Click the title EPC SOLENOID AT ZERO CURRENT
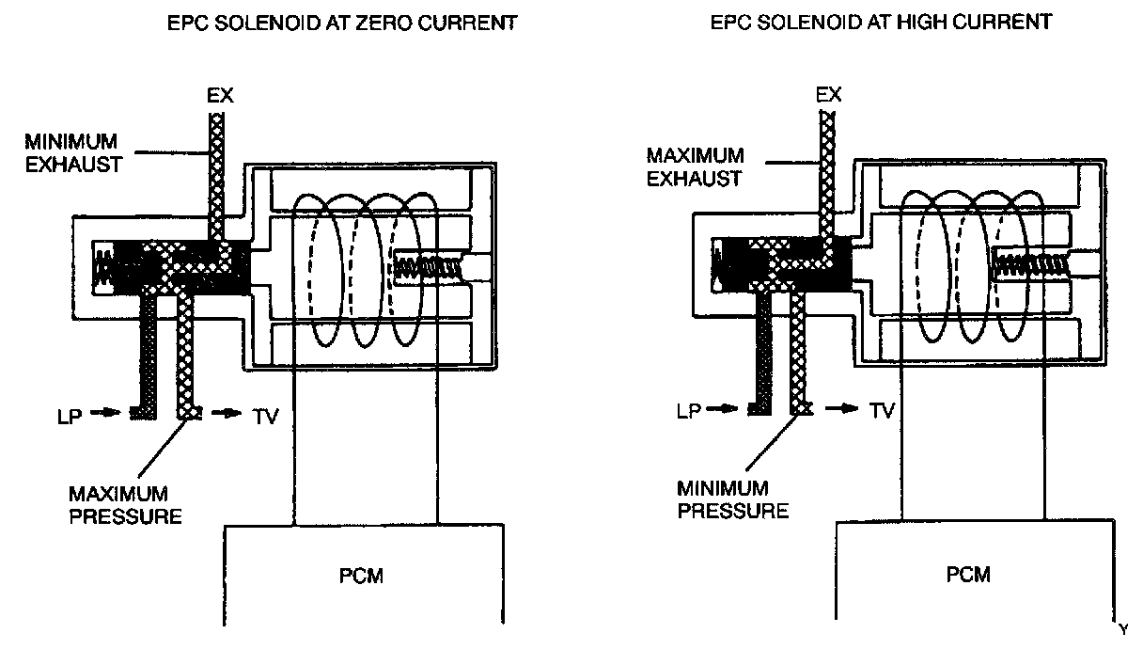tap(341, 23)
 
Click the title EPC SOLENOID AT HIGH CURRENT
tap(881, 23)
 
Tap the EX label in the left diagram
tap(219, 96)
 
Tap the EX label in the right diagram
tap(828, 95)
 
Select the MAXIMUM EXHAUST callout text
tap(695, 166)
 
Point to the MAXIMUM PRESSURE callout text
tap(124, 504)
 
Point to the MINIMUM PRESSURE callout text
tap(733, 499)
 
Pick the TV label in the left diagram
tap(267, 415)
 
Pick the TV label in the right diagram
tap(881, 410)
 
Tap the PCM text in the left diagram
tap(362, 575)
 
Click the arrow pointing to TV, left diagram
tap(227, 414)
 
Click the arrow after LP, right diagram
tap(726, 409)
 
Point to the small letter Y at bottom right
tap(1123, 627)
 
